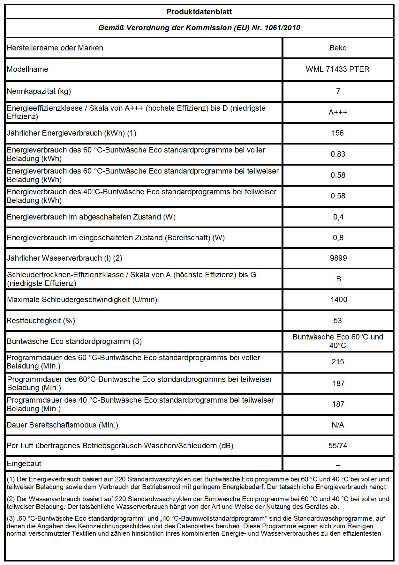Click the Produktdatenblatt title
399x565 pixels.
point(199,12)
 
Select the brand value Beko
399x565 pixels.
point(338,48)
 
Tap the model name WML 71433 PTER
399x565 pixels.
point(337,69)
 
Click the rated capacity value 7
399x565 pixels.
point(338,91)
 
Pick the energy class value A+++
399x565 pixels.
point(338,112)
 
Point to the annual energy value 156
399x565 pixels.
point(338,133)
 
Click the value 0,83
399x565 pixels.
point(338,154)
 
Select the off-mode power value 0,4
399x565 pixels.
point(338,217)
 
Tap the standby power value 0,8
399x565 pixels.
point(338,238)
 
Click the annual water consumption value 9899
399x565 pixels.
point(338,258)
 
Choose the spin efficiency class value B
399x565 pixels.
point(338,279)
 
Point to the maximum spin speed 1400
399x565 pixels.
point(339,300)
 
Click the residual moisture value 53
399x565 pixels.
point(338,321)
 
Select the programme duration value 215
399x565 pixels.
point(338,362)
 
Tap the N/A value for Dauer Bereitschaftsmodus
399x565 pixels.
point(338,425)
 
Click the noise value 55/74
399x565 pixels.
point(338,446)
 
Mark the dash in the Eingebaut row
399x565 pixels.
point(338,465)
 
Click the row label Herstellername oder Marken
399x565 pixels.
point(55,48)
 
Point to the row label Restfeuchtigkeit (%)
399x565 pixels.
point(41,321)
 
